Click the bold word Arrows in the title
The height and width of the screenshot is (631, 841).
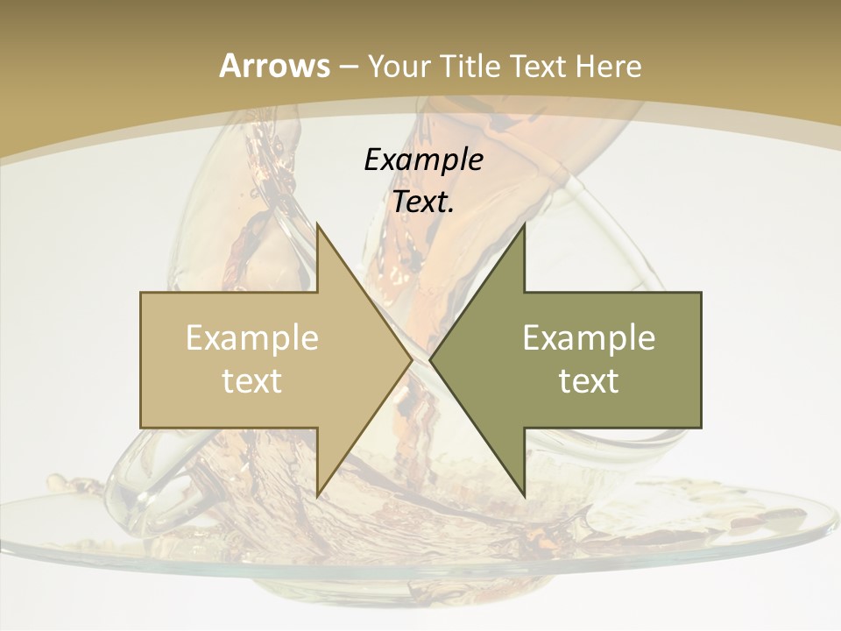pyautogui.click(x=274, y=66)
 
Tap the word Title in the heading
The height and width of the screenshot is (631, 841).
pyautogui.click(x=470, y=66)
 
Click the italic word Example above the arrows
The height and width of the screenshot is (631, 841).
pyautogui.click(x=423, y=160)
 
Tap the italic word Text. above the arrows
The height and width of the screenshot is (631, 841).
pyautogui.click(x=423, y=202)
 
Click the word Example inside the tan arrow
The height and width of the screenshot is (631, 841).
pyautogui.click(x=251, y=338)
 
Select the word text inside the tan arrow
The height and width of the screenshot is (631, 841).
pyautogui.click(x=251, y=380)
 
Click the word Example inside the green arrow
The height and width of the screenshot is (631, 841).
pyautogui.click(x=589, y=338)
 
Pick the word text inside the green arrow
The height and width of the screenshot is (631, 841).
pyautogui.click(x=589, y=380)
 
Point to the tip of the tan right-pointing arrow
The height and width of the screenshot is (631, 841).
pyautogui.click(x=413, y=360)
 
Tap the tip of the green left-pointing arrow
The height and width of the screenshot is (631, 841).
pyautogui.click(x=429, y=360)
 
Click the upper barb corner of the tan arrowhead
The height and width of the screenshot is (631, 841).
pyautogui.click(x=317, y=223)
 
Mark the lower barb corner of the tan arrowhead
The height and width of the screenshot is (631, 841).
pyautogui.click(x=317, y=496)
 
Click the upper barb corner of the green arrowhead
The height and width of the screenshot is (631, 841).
pyautogui.click(x=524, y=223)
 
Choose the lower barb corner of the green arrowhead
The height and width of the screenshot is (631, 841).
pyautogui.click(x=524, y=496)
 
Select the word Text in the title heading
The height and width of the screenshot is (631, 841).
pyautogui.click(x=541, y=66)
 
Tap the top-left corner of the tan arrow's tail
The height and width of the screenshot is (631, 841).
pyautogui.click(x=141, y=293)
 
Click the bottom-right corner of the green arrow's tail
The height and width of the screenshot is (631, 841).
pyautogui.click(x=701, y=428)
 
